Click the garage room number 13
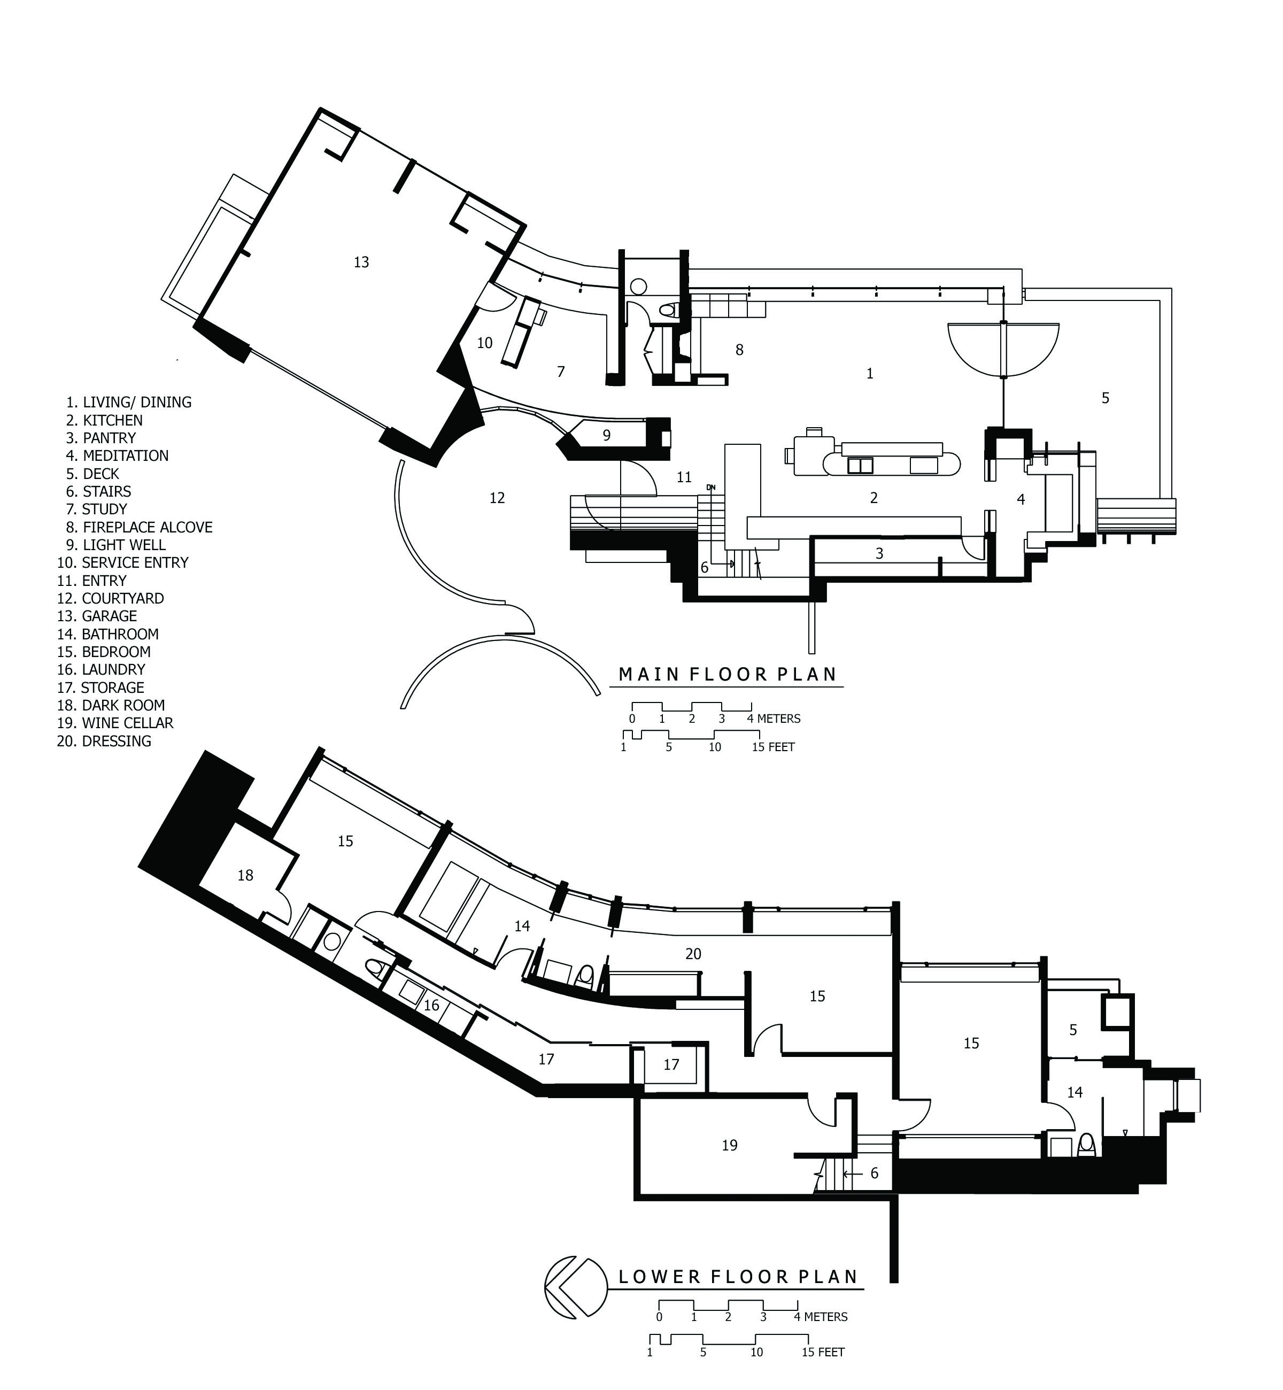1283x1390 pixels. click(x=361, y=262)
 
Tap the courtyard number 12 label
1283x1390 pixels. click(x=497, y=498)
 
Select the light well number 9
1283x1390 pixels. click(x=607, y=435)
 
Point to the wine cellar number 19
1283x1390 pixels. click(x=729, y=1146)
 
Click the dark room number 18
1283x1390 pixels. click(x=245, y=876)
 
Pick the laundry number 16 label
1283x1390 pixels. click(x=431, y=1006)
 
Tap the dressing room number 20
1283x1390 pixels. click(x=693, y=954)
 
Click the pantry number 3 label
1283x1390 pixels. click(x=879, y=553)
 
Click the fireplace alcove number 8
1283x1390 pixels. click(x=739, y=350)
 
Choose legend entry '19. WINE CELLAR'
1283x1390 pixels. click(x=115, y=723)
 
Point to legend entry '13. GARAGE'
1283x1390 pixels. click(x=97, y=616)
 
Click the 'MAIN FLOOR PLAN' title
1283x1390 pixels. click(x=728, y=674)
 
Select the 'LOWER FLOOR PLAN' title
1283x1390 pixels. click(x=739, y=1277)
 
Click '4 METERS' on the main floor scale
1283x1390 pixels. click(x=774, y=719)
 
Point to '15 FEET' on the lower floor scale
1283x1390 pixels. click(x=823, y=1352)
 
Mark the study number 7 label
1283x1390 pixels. click(x=561, y=372)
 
